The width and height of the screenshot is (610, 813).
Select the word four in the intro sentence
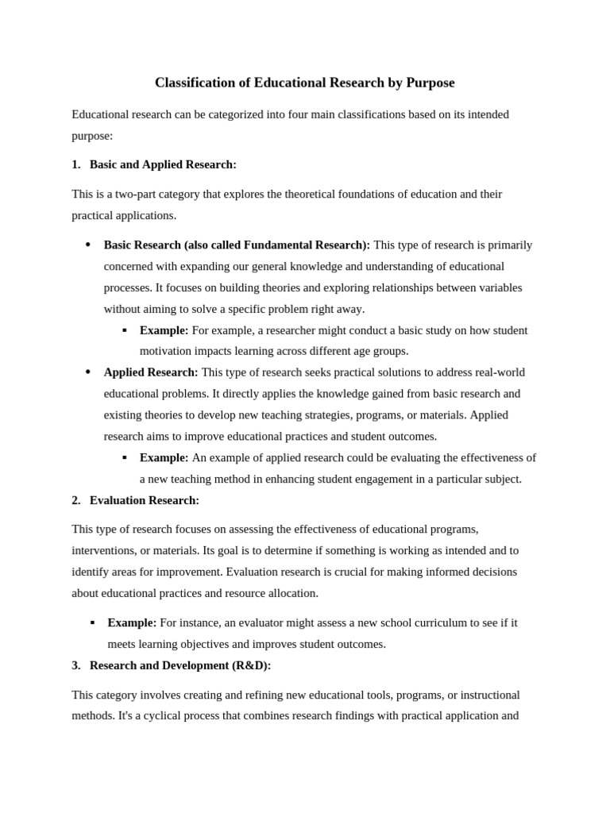pos(277,114)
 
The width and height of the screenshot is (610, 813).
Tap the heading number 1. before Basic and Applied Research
pos(76,164)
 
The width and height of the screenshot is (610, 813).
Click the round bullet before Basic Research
pos(87,245)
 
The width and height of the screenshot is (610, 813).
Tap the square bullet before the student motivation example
pos(125,330)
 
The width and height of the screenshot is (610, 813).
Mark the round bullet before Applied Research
pos(87,372)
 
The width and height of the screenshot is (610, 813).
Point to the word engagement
pos(365,479)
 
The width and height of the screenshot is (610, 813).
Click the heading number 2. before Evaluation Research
pos(76,500)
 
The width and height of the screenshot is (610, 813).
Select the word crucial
pos(376,572)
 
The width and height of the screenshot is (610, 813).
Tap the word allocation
pos(291,593)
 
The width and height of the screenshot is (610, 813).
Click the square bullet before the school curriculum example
pos(93,622)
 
